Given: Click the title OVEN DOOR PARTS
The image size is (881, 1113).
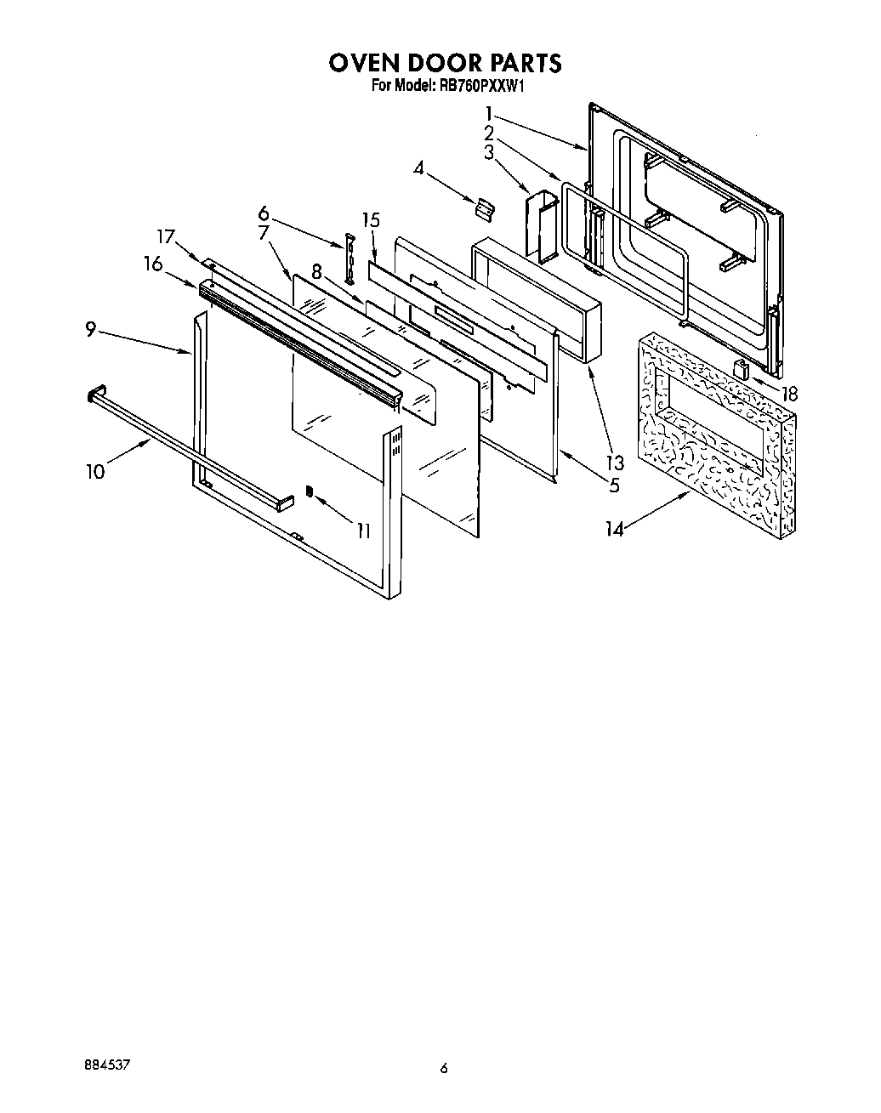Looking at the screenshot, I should click(x=445, y=63).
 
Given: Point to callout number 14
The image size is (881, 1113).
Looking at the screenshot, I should click(x=615, y=529).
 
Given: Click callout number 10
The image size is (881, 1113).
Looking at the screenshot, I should click(x=95, y=471).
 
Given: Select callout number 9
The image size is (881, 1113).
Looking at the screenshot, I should click(x=91, y=331).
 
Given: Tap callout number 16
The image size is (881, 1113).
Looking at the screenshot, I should click(x=153, y=264).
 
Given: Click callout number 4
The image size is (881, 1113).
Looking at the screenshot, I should click(x=418, y=168).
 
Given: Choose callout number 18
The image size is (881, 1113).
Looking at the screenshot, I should click(x=789, y=394).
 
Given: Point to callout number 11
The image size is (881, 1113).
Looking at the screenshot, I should click(x=363, y=531).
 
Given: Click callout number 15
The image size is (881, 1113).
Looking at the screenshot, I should click(x=370, y=220).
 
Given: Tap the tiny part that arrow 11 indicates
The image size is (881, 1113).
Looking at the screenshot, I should click(x=310, y=491).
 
